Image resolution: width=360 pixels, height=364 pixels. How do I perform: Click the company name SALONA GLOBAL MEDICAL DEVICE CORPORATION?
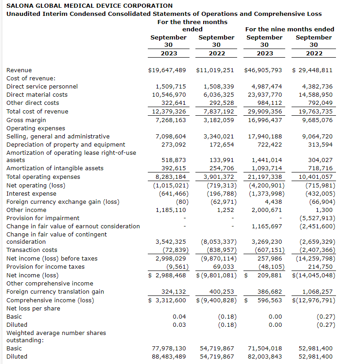point(89,5)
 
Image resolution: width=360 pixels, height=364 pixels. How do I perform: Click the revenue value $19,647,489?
point(167,70)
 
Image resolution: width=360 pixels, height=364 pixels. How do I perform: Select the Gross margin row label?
point(26,120)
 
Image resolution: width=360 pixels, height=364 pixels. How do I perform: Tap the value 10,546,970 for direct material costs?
point(169,95)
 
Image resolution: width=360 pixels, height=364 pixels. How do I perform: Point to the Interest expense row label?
point(31,194)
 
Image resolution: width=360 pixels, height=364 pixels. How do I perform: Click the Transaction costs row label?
point(32,250)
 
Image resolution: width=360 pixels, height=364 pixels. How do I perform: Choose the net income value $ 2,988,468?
point(167,275)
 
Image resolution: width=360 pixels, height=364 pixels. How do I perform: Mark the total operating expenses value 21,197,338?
point(265,177)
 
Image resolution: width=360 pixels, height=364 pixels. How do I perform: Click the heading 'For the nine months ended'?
point(289,29)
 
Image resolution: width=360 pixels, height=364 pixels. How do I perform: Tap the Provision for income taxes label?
point(45,267)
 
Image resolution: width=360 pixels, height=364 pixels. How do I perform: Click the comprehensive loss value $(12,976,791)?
point(314,300)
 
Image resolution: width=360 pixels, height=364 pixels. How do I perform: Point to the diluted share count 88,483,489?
point(169,357)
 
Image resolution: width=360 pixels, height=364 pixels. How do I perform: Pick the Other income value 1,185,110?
point(170,210)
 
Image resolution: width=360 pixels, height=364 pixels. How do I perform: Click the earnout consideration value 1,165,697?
point(267,226)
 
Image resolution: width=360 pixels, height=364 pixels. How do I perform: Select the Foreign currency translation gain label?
point(55,292)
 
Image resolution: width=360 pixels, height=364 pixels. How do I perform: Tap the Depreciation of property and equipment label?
point(66,145)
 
